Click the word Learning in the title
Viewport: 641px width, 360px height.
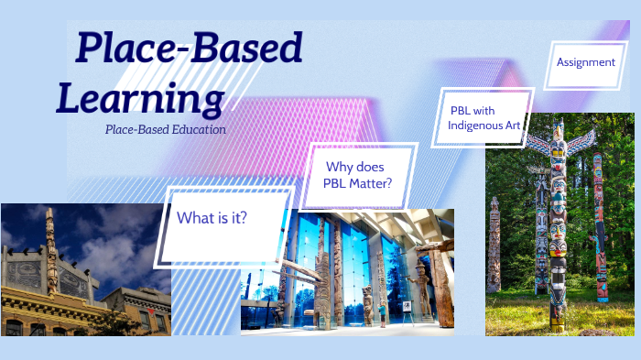coord(140,97)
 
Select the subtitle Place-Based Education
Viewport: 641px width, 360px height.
coord(165,129)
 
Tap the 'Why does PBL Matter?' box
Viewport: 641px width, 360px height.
coord(357,176)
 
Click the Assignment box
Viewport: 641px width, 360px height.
coord(585,62)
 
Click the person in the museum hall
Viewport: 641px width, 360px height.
coord(383,315)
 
